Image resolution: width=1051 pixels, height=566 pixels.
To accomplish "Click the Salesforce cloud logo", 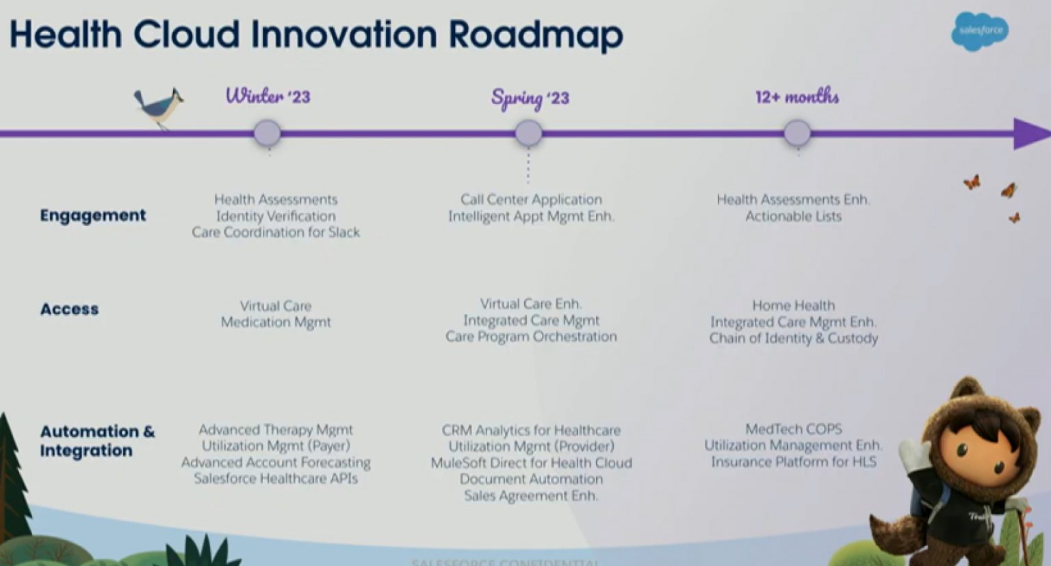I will point(980,31).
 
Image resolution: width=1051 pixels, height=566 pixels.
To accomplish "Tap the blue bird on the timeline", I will point(159,107).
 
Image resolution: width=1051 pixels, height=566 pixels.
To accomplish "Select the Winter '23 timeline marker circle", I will point(267,133).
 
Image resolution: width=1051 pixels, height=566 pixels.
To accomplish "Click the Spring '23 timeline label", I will point(530,98).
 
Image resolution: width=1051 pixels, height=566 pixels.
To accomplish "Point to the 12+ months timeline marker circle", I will point(796,133).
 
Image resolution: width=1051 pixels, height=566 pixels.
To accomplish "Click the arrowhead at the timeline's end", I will point(1030,133).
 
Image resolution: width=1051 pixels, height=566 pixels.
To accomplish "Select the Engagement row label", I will point(92,216).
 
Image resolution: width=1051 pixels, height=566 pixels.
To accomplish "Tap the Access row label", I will point(69,309).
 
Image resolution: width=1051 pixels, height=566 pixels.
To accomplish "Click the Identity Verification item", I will point(276,216).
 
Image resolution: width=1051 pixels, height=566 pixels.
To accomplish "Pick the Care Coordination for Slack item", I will point(276,233).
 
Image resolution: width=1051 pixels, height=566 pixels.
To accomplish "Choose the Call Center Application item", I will point(531,200).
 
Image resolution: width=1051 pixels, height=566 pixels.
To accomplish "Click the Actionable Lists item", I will point(793,216).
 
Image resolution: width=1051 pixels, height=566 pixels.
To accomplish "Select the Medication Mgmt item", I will point(276,322).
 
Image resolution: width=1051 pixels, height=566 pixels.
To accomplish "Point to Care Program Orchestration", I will point(531,337).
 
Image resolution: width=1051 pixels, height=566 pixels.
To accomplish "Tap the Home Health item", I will point(793,305).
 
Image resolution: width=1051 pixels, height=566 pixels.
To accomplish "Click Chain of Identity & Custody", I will point(793,338).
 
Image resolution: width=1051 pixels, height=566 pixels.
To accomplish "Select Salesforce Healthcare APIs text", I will point(276,478).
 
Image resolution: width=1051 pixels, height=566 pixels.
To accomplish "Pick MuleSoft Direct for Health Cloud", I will point(531,463).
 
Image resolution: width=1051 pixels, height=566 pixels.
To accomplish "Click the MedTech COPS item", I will point(793,429).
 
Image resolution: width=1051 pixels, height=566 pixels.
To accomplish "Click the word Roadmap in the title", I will point(536,34).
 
